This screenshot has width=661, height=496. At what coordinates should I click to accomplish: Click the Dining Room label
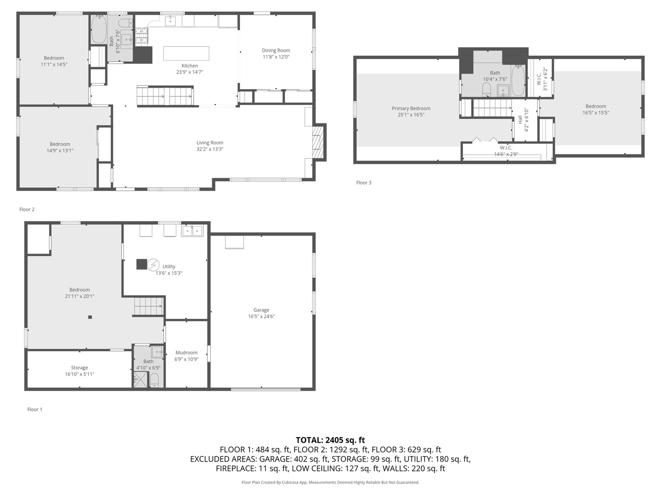coord(276,51)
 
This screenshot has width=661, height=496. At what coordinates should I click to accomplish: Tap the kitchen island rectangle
coord(186,53)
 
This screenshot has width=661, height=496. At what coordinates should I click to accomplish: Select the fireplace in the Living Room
coord(318,142)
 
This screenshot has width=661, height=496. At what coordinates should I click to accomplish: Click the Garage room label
coord(261,310)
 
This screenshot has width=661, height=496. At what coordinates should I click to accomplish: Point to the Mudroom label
coord(186,353)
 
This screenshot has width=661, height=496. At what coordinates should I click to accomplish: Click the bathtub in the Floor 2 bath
coord(98,30)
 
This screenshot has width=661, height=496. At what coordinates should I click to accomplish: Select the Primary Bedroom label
coord(411,108)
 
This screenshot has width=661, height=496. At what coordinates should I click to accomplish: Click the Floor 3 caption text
coord(364,183)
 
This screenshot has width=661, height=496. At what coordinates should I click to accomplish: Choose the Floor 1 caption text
coord(34,410)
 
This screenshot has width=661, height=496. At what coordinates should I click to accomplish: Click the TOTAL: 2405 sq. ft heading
coord(330,440)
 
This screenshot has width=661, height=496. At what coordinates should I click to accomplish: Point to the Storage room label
coord(79,368)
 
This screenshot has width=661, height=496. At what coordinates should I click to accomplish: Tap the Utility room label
coord(169,266)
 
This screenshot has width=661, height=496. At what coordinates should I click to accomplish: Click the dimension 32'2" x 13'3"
coord(210,149)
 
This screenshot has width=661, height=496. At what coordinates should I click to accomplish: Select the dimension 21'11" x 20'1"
coord(79,296)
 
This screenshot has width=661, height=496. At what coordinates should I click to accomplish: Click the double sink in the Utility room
coord(192,231)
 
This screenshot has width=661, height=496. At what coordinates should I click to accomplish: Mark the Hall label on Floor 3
coord(520,119)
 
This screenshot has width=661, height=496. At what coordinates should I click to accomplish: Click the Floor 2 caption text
coord(27,209)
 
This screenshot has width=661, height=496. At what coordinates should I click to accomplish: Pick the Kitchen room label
coord(190,66)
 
